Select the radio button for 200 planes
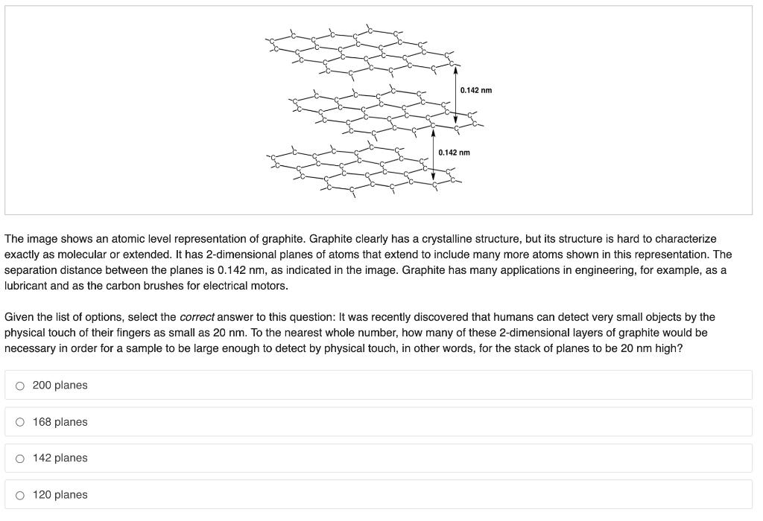tap(19, 386)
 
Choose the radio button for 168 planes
tap(19, 422)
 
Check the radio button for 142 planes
tap(19, 458)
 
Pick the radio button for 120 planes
tap(19, 495)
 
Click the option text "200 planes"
tap(60, 386)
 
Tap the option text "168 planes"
tap(60, 422)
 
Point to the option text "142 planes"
tap(60, 458)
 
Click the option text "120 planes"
tap(60, 495)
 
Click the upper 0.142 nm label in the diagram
tap(476, 91)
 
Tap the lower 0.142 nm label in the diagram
tap(454, 153)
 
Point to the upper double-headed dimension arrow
tap(455, 95)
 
